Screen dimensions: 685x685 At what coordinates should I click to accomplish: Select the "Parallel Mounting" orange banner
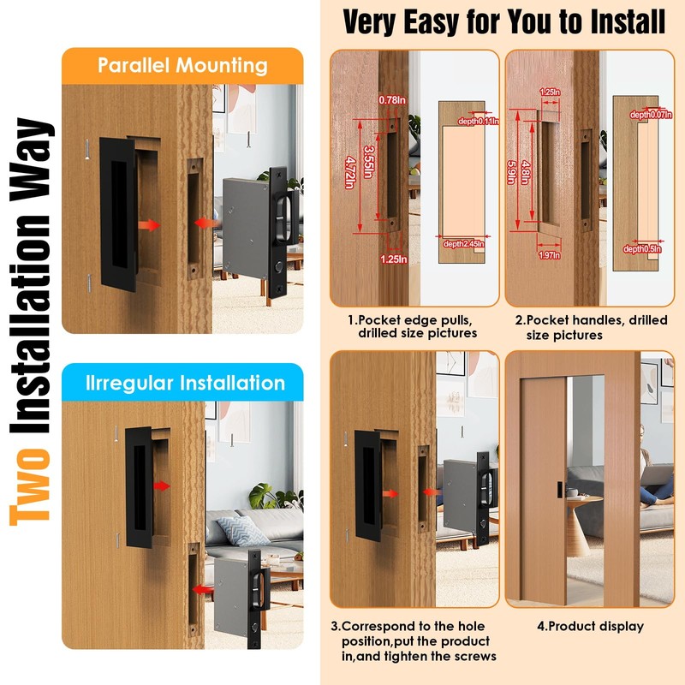click(x=182, y=66)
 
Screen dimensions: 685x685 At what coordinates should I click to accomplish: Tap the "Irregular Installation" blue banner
click(x=182, y=382)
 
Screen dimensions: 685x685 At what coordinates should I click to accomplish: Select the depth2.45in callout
click(x=463, y=244)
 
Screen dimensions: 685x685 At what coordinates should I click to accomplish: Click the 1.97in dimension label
click(x=550, y=254)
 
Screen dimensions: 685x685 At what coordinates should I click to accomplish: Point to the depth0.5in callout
click(x=644, y=249)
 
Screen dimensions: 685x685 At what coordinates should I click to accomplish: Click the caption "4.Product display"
click(x=590, y=626)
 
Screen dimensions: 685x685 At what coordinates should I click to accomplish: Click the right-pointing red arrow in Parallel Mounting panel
click(x=149, y=225)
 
